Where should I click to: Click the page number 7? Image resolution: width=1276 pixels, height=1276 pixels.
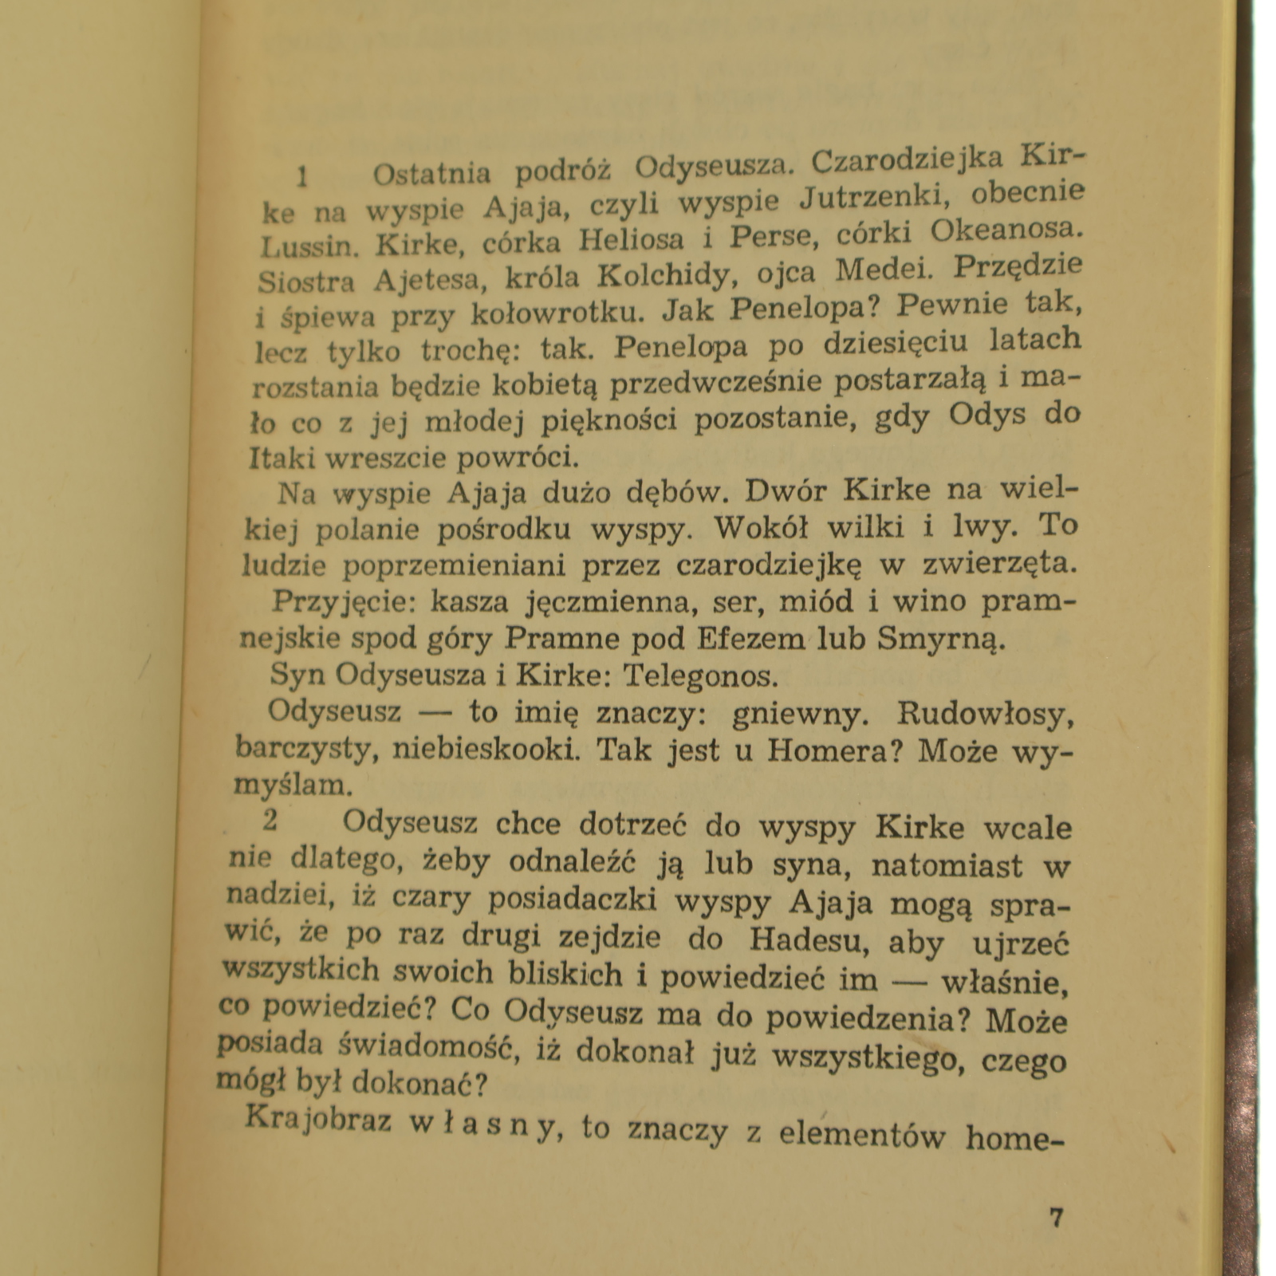tap(1057, 1219)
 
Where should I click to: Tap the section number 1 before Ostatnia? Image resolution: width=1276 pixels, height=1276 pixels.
tap(302, 176)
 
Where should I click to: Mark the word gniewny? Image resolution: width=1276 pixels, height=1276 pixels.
tap(797, 713)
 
